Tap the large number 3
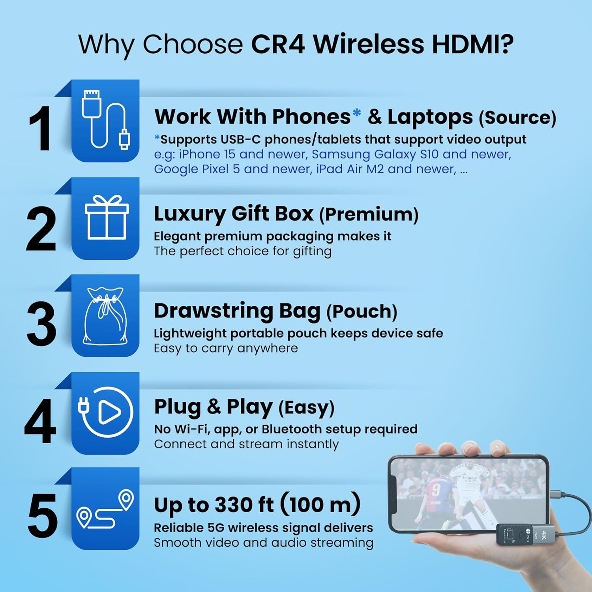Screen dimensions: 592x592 coord(41,324)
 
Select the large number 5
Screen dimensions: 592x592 coord(43,515)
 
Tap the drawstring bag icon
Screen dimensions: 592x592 coord(105,316)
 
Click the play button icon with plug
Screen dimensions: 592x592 coord(105,412)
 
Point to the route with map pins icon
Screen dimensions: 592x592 coord(105,509)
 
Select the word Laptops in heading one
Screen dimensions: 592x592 coord(430,117)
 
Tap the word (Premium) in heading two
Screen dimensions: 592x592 coord(369,214)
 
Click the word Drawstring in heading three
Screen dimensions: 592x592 coord(213,311)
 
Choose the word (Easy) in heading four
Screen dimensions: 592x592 coord(306,408)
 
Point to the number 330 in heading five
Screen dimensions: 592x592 coord(233,505)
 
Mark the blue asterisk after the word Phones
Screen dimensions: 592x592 coord(356,113)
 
